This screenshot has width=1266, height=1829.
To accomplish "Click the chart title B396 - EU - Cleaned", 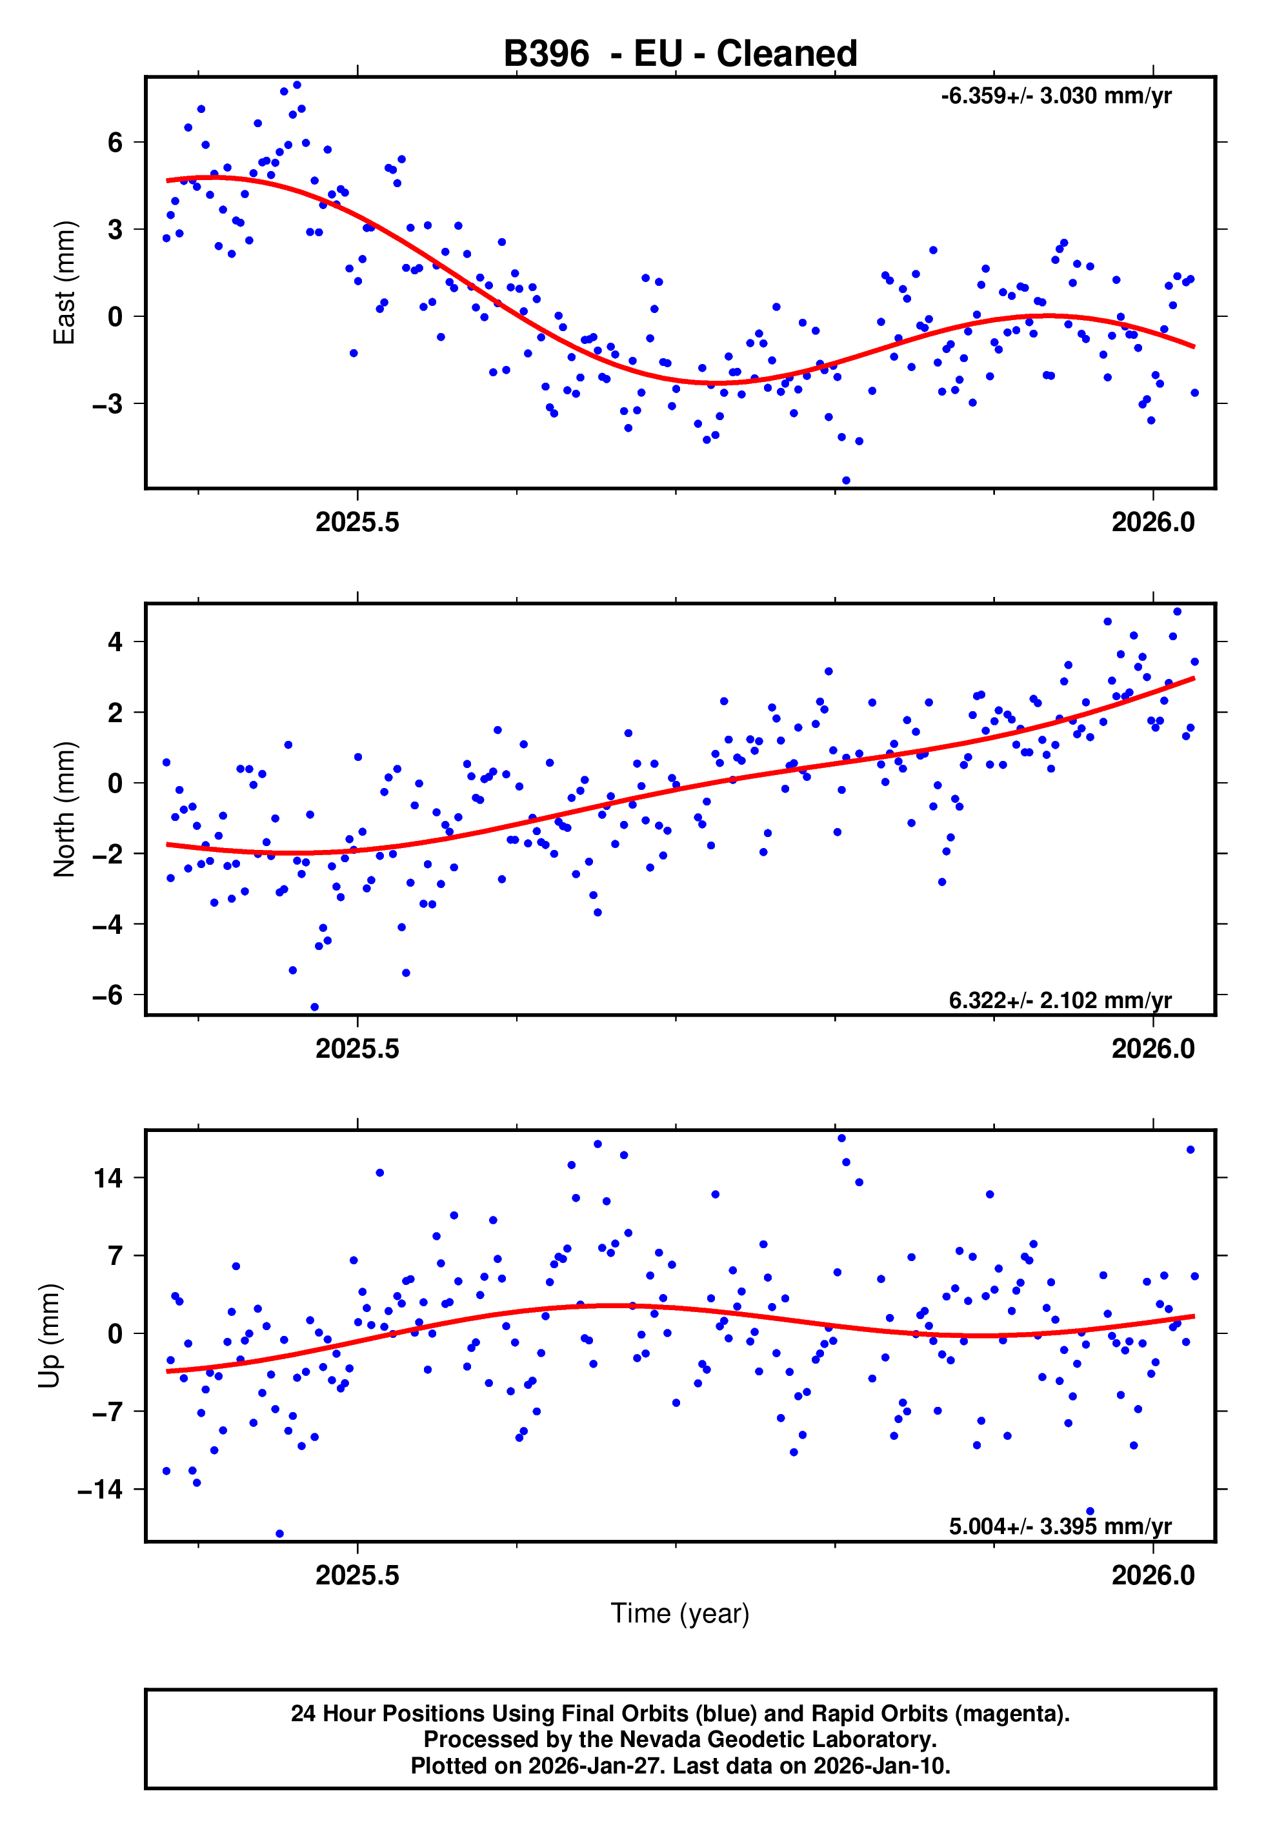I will coord(680,54).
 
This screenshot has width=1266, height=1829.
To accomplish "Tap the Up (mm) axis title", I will coord(49,1336).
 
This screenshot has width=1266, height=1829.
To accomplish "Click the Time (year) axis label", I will coord(680,1613).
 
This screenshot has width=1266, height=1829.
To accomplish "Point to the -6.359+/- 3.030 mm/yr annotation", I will coord(1056,96).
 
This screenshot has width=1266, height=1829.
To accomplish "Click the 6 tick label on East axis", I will coord(116,143).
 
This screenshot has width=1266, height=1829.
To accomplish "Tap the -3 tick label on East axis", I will coord(108,404).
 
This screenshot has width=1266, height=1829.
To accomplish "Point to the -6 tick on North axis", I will coord(108,995).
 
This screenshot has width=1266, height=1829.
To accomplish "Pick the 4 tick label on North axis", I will coord(116,642).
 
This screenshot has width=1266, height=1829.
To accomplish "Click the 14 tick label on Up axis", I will coord(108,1178).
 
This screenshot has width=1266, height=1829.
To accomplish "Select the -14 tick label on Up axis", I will coord(100,1490).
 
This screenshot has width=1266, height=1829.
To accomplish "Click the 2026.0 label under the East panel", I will coord(1152,523).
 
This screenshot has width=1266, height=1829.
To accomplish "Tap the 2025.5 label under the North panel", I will coord(357,1049).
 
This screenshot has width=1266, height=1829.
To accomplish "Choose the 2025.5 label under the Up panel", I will coord(357,1575).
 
